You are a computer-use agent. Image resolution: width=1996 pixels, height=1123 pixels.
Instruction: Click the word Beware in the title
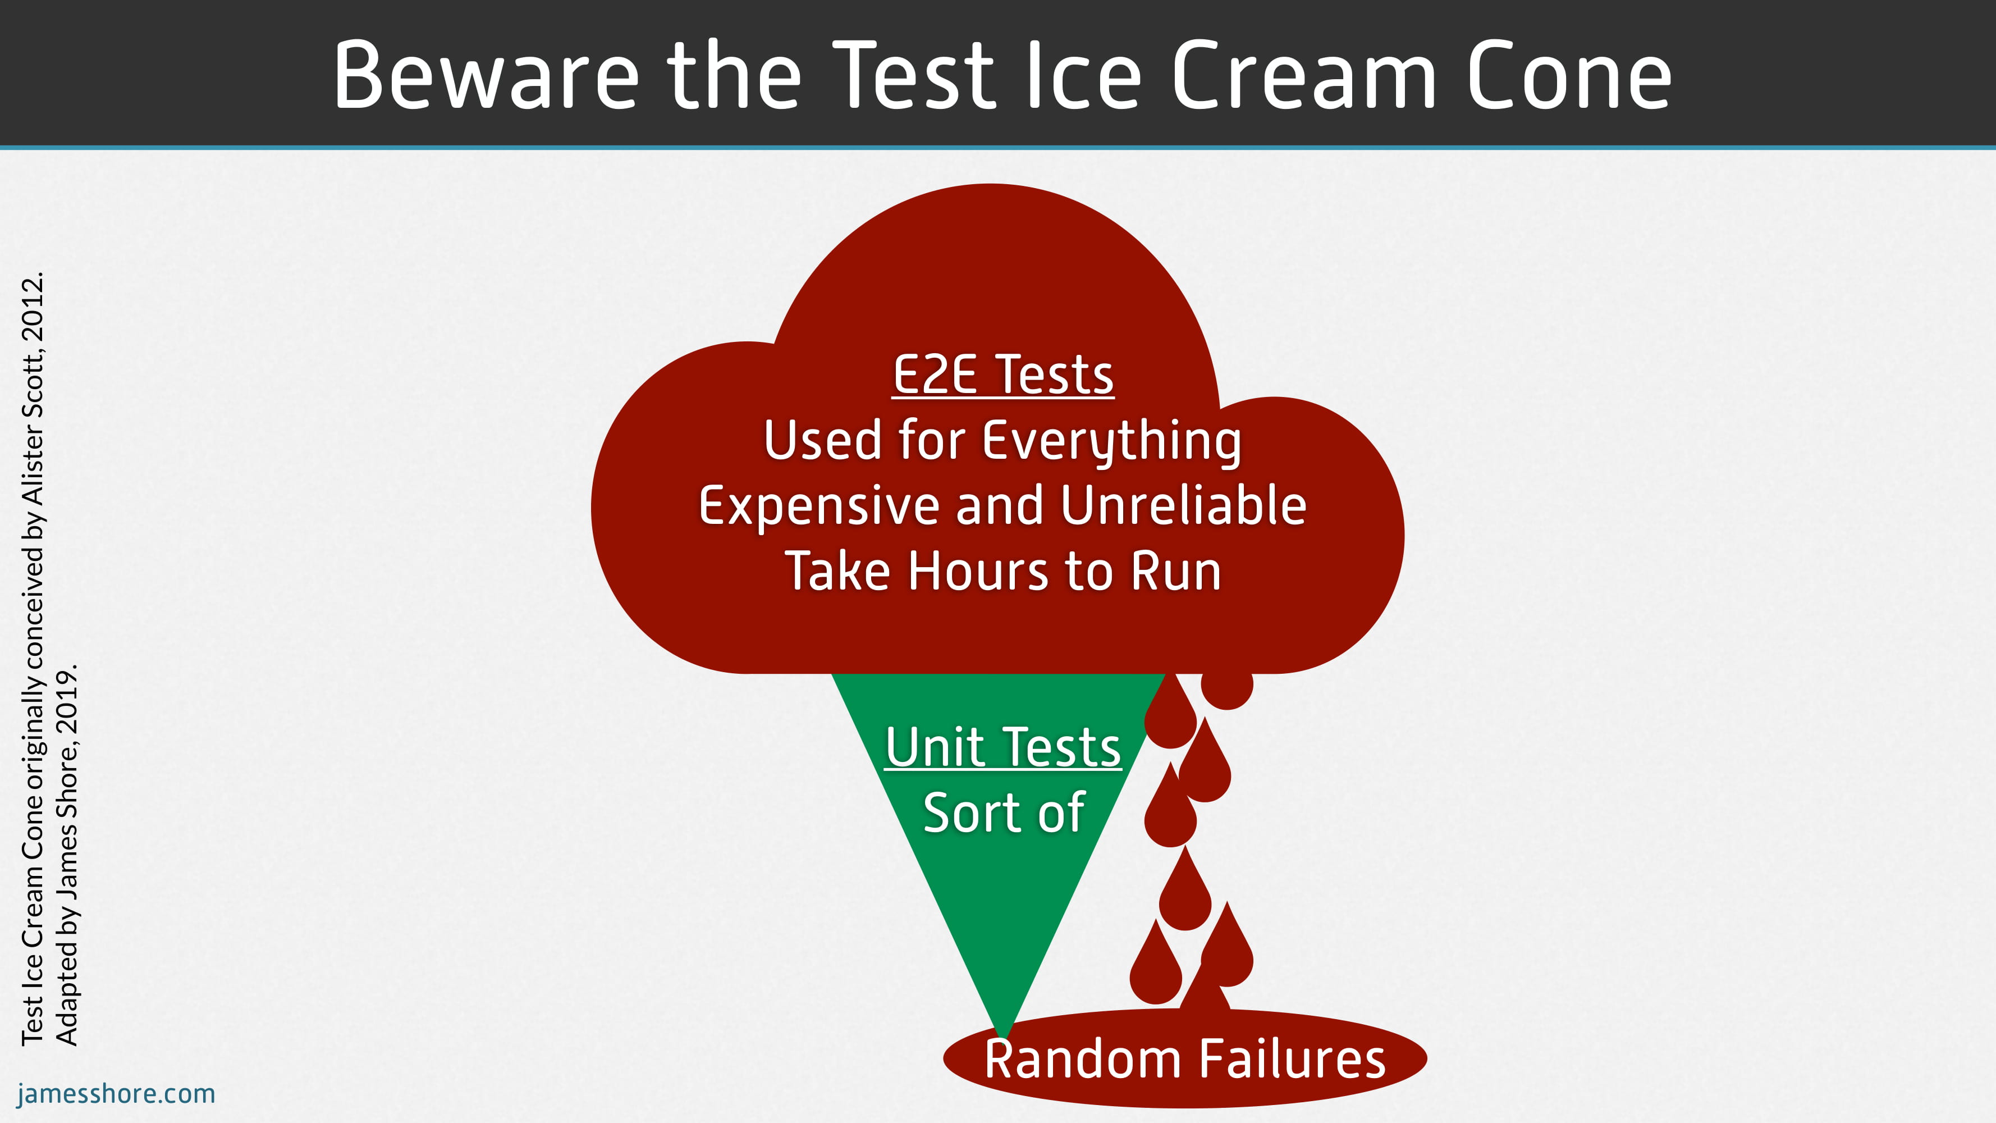click(487, 75)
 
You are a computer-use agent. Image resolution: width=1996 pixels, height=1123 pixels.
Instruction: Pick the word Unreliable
click(1184, 505)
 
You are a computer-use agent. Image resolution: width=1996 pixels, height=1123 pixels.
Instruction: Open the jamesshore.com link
click(116, 1094)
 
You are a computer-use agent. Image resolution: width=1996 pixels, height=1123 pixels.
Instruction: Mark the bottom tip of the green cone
click(1004, 1035)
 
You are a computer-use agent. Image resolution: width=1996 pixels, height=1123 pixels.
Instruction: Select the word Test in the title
click(914, 75)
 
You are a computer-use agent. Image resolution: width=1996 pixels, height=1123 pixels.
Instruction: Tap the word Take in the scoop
click(839, 571)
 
